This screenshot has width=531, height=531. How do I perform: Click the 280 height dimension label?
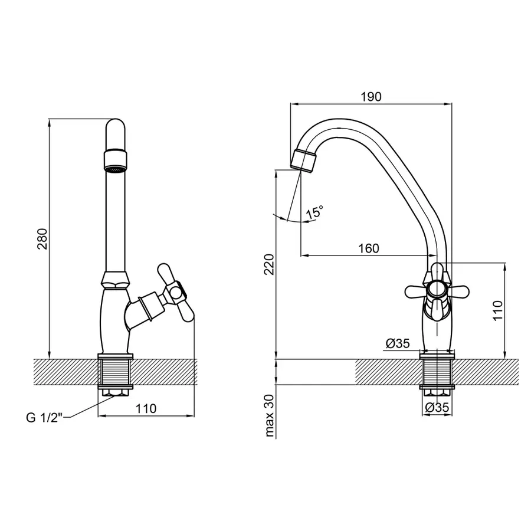pyautogui.click(x=43, y=239)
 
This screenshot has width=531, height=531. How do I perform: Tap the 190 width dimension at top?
pyautogui.click(x=371, y=97)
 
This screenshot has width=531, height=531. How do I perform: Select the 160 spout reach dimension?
pyautogui.click(x=369, y=248)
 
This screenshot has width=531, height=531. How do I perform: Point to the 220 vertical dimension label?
pyautogui.click(x=270, y=264)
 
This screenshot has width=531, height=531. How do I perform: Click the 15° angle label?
pyautogui.click(x=314, y=212)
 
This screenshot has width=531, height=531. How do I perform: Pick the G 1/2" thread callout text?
pyautogui.click(x=45, y=418)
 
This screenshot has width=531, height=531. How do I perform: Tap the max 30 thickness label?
pyautogui.click(x=270, y=415)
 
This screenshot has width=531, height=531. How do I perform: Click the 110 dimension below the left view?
pyautogui.click(x=146, y=409)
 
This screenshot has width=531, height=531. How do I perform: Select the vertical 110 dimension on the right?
pyautogui.click(x=498, y=310)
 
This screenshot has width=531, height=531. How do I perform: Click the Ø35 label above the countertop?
pyautogui.click(x=398, y=343)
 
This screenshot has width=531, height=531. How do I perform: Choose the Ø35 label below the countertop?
pyautogui.click(x=437, y=407)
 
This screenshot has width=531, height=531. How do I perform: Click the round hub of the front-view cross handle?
pyautogui.click(x=437, y=290)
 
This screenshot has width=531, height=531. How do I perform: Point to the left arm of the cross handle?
pyautogui.click(x=416, y=290)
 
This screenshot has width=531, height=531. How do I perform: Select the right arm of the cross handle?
pyautogui.click(x=457, y=290)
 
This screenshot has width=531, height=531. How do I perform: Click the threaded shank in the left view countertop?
pyautogui.click(x=115, y=372)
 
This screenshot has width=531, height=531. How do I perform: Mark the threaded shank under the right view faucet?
pyautogui.click(x=437, y=372)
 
